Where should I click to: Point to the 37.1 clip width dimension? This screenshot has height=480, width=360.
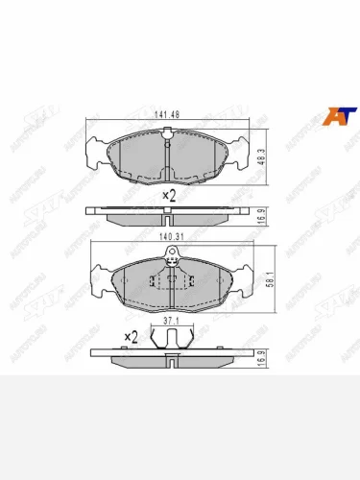coord(170,322)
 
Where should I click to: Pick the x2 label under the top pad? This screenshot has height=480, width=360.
coord(169,194)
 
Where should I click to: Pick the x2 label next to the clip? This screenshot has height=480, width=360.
coord(132,337)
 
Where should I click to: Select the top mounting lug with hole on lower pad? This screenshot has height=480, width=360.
coord(172,254)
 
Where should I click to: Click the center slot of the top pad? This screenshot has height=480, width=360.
coord(169,154)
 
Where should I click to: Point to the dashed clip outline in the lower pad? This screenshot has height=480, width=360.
coord(172,281)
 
